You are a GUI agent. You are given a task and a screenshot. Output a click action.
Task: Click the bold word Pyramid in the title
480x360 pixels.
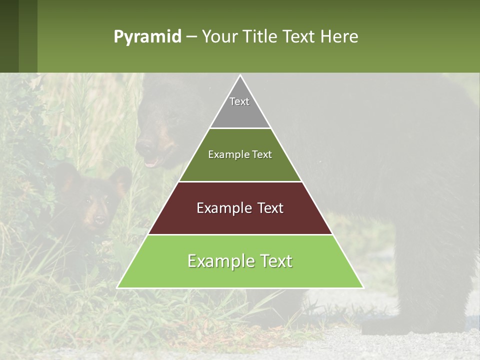click(x=147, y=37)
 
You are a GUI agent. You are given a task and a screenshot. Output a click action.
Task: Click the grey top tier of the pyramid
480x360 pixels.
click(x=240, y=107)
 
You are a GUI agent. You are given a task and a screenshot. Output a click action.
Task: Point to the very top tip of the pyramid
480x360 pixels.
click(x=240, y=76)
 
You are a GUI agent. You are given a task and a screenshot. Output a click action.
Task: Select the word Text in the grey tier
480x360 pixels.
click(x=239, y=101)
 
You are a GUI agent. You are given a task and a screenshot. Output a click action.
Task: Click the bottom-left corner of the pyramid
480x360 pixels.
click(x=117, y=287)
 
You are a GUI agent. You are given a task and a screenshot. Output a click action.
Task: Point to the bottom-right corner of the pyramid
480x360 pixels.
click(x=363, y=287)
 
